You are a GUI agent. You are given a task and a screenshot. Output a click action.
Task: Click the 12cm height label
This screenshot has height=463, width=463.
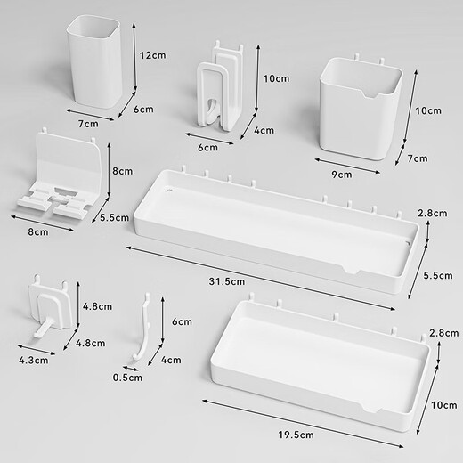tap(152, 55)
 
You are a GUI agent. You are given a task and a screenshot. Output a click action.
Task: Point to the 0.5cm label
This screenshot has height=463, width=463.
tap(126, 377)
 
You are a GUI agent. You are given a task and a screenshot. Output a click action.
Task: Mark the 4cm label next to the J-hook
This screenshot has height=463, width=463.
tap(171, 361)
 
